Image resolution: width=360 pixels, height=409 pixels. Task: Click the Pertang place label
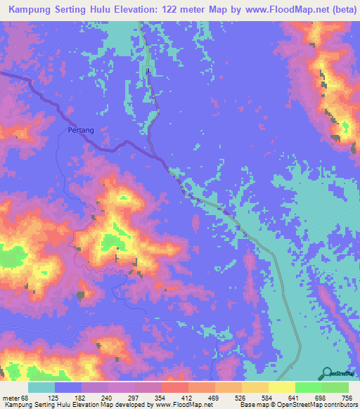(81, 130)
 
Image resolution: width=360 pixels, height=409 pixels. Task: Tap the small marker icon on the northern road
(148, 72)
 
